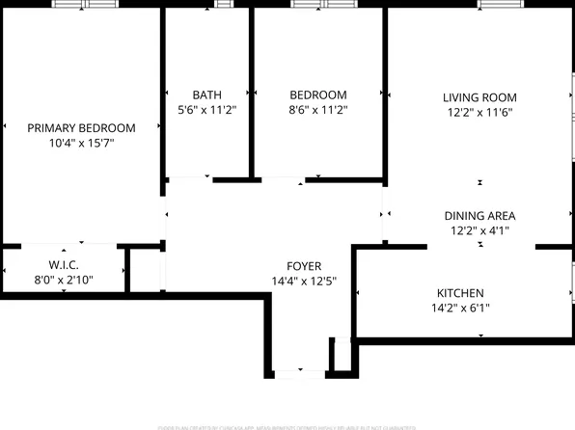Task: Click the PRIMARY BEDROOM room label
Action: coord(81,127)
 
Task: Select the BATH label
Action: coord(206,94)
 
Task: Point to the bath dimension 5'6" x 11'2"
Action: coord(206,110)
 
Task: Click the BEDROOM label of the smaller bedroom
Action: coord(318,94)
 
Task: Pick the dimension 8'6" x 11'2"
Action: coord(318,110)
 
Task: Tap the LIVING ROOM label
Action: coord(479,97)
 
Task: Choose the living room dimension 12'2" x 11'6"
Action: coord(479,112)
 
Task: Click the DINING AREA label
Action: coord(479,215)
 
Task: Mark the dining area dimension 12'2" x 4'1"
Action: coord(479,230)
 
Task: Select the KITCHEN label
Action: coord(460,293)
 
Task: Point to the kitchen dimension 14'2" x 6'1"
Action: coord(460,309)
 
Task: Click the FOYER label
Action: coord(304,266)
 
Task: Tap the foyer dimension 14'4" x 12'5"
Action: coord(304,282)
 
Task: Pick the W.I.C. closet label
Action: coord(64,265)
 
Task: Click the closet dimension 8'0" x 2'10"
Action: coord(64,281)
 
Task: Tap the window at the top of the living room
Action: coord(495,5)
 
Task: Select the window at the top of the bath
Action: coord(225,5)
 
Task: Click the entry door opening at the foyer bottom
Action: coord(300,371)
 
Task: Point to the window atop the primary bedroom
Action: coord(83,5)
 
